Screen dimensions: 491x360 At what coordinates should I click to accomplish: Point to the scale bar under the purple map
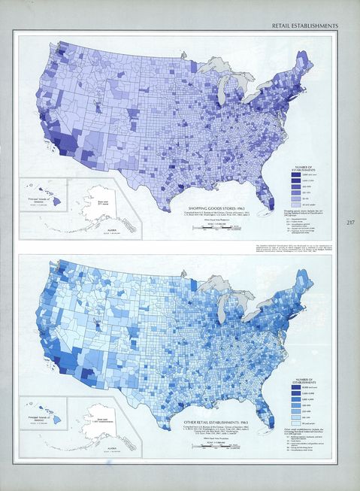point(214,225)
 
